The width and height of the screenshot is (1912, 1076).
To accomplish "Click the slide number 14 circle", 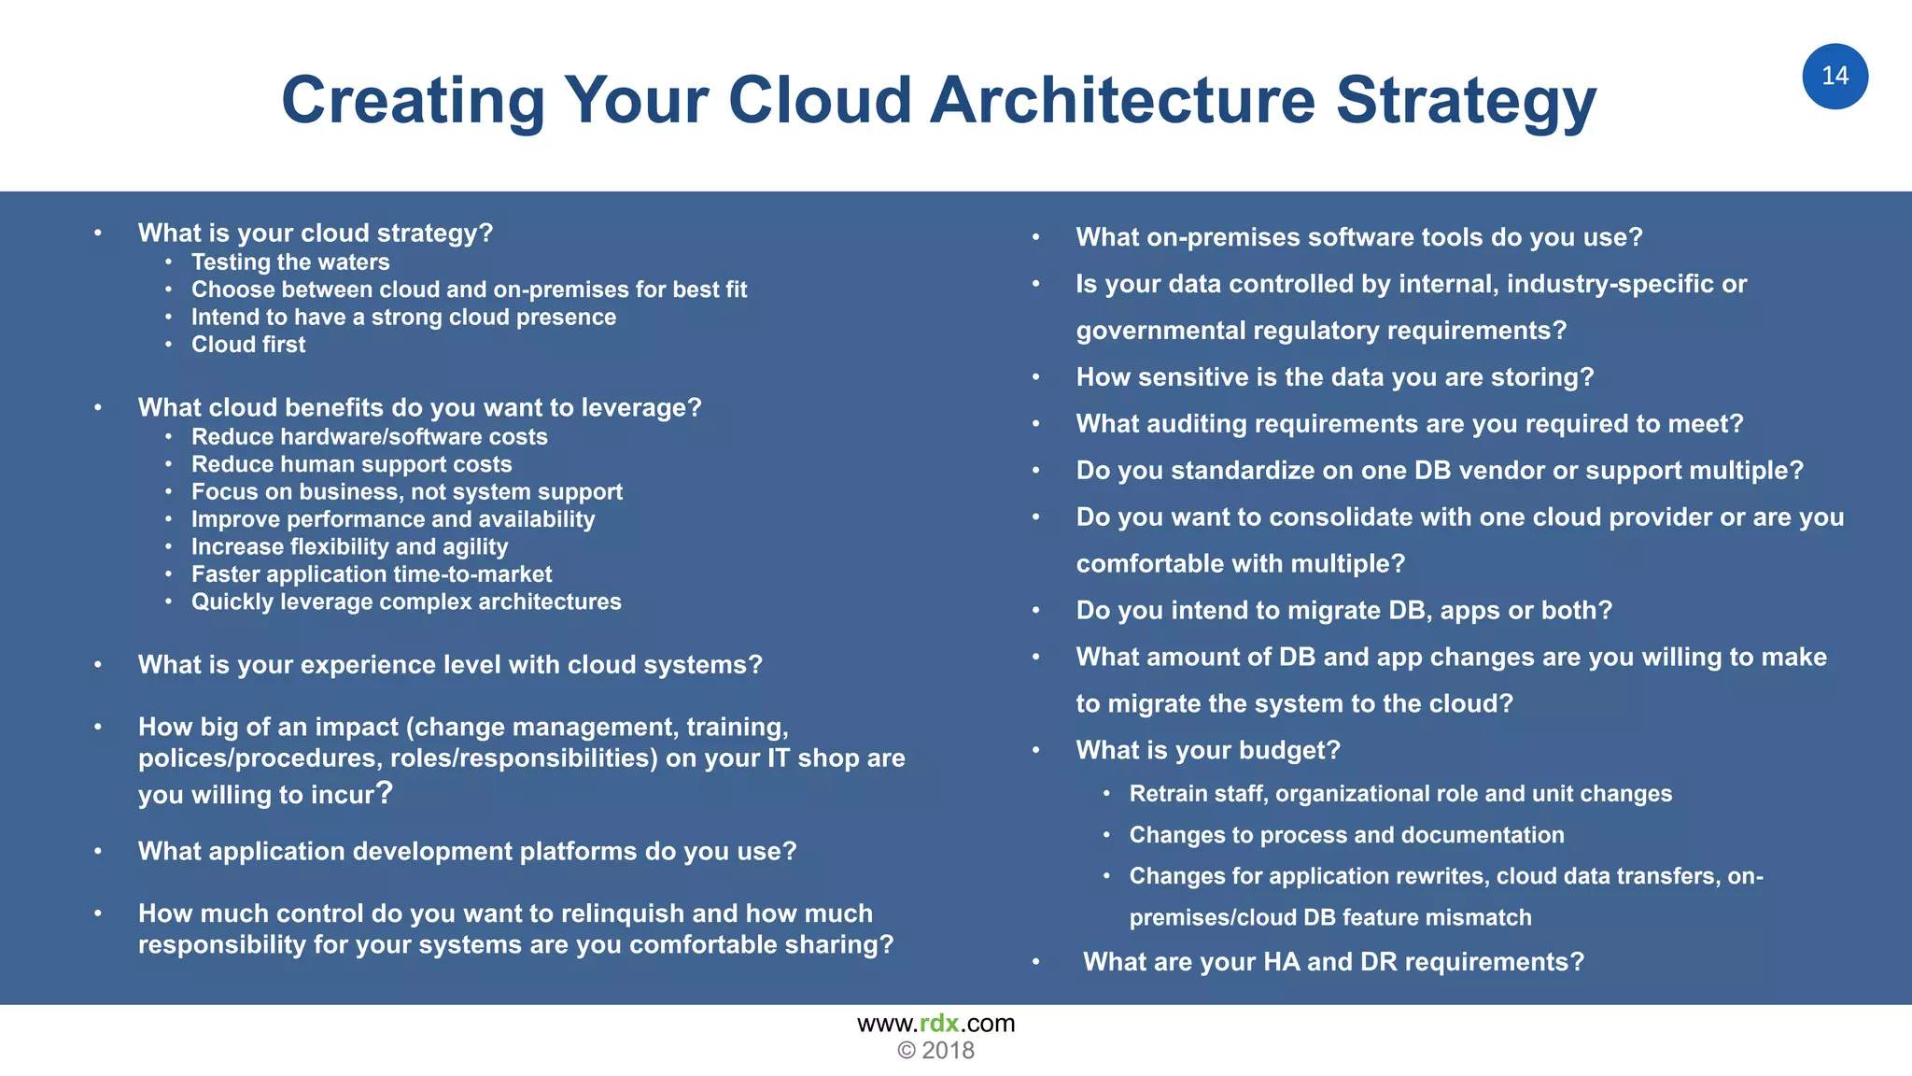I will coord(1835,77).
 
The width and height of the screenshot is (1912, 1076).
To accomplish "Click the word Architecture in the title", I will coord(1121,100).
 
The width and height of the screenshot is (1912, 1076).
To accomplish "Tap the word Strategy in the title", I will coord(1466,100).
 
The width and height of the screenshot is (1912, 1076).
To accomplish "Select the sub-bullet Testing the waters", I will coord(290,262).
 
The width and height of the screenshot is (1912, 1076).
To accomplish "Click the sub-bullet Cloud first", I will coord(248,345).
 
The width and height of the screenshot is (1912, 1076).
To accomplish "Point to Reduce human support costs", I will coord(351,464).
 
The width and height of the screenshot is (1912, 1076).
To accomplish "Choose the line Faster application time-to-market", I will coord(372,574).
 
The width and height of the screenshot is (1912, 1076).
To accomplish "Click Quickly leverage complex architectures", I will coord(406,602).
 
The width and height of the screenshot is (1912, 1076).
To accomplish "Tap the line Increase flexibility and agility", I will coord(349,546).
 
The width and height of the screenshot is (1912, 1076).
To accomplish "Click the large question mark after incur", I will coord(385,792).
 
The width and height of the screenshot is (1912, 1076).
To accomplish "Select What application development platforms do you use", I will coord(467,851).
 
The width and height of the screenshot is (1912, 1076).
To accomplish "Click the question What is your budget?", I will coord(1207,750).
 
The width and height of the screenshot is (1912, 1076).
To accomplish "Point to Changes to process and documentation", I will coord(1346,835).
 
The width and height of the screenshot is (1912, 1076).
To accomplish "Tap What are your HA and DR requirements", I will coord(1333,961).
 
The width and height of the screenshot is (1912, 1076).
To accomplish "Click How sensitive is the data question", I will coord(1334,377).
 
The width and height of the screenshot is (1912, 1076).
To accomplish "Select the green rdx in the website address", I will coord(939,1024).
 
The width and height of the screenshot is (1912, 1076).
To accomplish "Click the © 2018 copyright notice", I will coord(935,1051).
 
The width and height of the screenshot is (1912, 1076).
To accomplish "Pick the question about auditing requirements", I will coord(1409,424).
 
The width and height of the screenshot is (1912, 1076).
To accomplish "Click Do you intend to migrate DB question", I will coord(1343,611).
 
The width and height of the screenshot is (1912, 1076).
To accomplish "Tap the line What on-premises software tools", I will coord(1358,237).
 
